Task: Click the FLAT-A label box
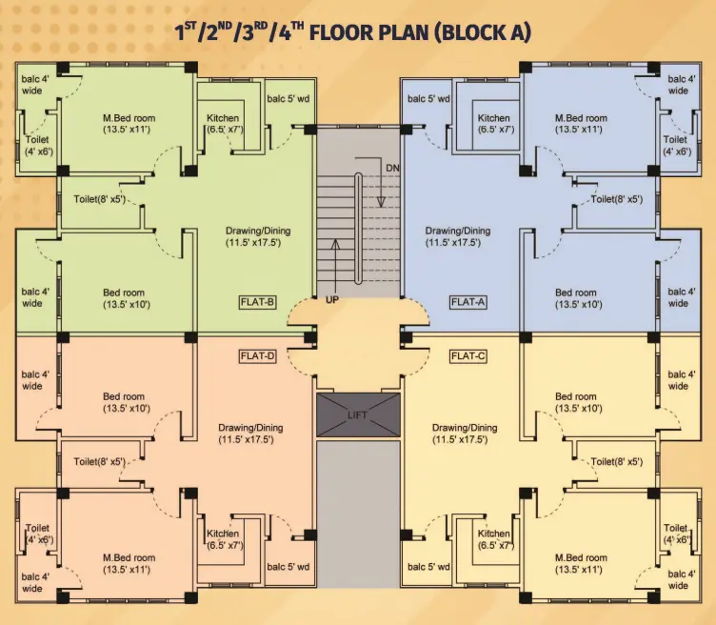click(468, 302)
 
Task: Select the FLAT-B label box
click(257, 302)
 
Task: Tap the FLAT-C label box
click(468, 356)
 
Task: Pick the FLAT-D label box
click(257, 356)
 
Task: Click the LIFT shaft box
click(358, 414)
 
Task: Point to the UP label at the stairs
click(332, 300)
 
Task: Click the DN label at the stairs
click(392, 168)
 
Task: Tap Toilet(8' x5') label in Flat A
click(617, 199)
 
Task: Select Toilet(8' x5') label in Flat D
click(100, 462)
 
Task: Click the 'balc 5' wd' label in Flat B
click(288, 99)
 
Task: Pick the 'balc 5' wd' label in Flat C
click(428, 567)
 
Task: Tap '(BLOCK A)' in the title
click(482, 32)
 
